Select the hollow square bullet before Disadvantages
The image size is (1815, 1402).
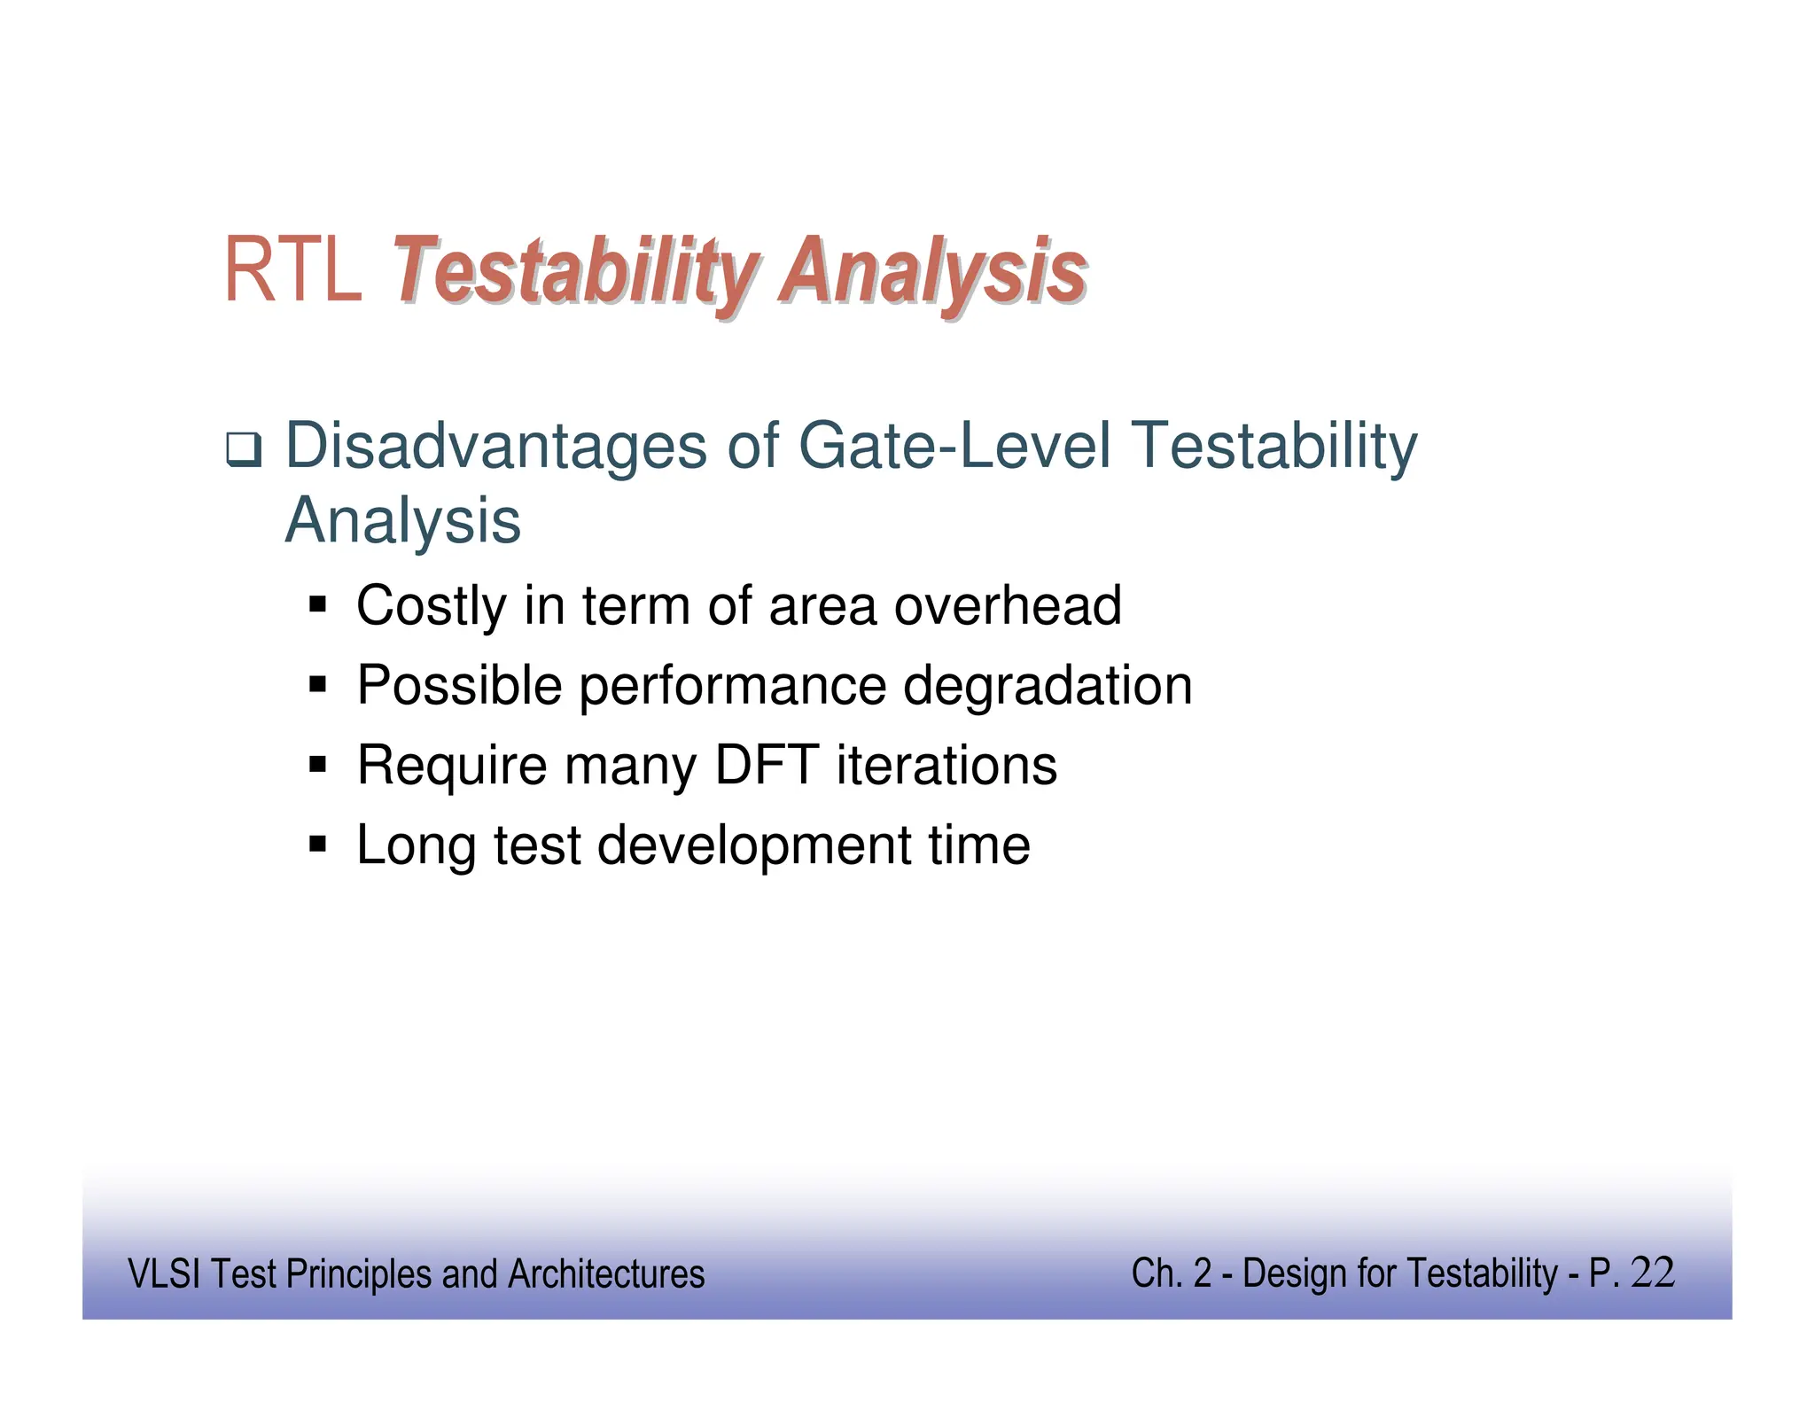[x=243, y=449]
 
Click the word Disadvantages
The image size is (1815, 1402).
[x=495, y=446]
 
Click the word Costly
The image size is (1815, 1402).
[x=432, y=606]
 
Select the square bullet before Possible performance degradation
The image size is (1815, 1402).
[x=318, y=685]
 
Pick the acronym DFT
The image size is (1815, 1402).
[x=766, y=765]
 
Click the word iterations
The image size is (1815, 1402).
[x=946, y=765]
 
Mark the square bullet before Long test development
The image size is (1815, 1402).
[x=318, y=844]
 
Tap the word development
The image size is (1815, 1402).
[x=754, y=845]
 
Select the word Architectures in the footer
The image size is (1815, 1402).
[x=606, y=1274]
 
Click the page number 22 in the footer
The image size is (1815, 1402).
[x=1652, y=1273]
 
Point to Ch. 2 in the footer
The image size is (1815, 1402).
[x=1171, y=1273]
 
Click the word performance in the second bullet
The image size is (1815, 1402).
[x=732, y=687]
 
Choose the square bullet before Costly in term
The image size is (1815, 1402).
[x=318, y=606]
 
